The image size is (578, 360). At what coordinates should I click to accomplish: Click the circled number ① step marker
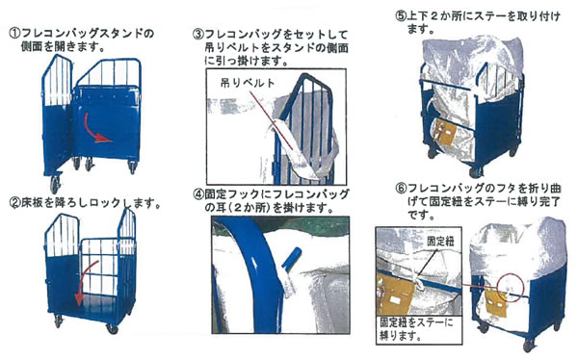(x=14, y=34)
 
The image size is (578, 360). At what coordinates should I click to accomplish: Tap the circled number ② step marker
(x=15, y=202)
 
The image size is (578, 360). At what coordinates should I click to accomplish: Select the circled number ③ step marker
(x=198, y=35)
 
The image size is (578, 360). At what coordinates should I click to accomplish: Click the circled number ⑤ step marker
(x=401, y=16)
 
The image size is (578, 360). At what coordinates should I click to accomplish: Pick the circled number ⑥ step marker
(x=401, y=189)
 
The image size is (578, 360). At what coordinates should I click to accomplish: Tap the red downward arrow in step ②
(x=85, y=284)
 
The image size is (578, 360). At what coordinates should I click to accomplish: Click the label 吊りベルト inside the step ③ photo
(x=248, y=83)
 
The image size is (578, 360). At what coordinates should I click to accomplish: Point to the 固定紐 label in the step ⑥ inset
(x=440, y=242)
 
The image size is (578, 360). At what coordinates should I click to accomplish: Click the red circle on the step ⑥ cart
(x=510, y=287)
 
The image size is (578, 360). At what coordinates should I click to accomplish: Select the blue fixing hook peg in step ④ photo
(x=291, y=258)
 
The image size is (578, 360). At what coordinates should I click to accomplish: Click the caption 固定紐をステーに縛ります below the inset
(x=416, y=329)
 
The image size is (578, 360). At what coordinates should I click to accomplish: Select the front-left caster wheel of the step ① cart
(x=55, y=184)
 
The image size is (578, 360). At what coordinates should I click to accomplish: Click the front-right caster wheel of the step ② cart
(x=112, y=328)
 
